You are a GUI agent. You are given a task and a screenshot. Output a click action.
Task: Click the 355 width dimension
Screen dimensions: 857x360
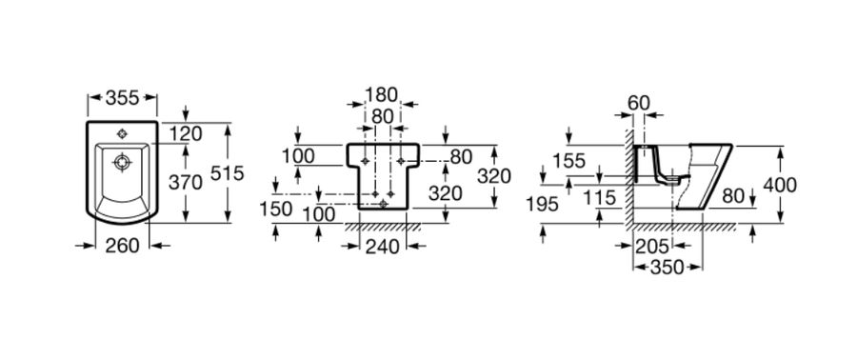point(123,98)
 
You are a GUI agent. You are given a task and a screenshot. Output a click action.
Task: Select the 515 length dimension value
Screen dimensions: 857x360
point(227,173)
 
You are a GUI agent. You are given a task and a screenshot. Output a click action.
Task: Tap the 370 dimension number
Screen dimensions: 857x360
point(186,183)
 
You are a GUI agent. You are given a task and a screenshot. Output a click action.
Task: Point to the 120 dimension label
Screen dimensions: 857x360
point(186,133)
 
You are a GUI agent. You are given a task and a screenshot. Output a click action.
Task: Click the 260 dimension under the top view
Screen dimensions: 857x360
point(122,246)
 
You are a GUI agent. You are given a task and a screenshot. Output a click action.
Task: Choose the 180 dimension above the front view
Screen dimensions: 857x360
point(381,94)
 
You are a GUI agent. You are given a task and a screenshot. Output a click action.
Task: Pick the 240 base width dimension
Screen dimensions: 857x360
point(382,247)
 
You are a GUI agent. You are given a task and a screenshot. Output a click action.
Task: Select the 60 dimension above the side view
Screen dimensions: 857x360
point(638,102)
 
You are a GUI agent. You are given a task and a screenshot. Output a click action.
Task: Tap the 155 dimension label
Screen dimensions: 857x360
point(568,161)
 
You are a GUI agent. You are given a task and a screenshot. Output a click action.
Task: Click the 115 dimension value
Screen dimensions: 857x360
point(600,197)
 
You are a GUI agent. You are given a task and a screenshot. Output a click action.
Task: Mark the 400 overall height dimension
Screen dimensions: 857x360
point(780,186)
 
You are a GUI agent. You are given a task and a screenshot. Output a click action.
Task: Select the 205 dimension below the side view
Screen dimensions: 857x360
point(652,247)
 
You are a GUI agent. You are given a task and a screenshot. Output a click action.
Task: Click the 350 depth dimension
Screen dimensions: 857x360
point(667,267)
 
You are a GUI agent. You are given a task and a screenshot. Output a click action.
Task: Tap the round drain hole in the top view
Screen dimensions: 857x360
point(122,162)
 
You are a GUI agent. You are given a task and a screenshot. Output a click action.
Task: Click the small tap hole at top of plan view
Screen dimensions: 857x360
point(122,134)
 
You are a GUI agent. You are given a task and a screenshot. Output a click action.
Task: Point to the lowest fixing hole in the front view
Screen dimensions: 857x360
point(383,204)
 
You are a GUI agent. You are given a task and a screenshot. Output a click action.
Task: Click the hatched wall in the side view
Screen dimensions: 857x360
point(629,176)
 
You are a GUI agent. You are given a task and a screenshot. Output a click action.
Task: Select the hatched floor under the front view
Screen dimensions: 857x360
point(383,227)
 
